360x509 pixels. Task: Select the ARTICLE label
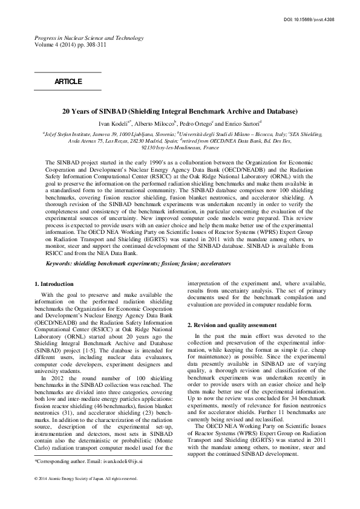68,80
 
